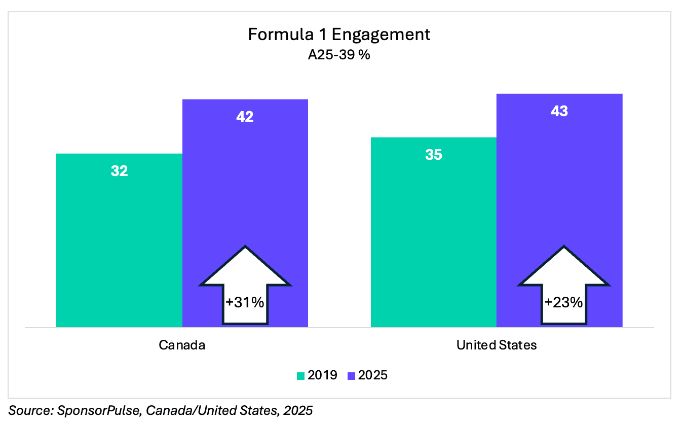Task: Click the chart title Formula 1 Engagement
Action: pyautogui.click(x=339, y=34)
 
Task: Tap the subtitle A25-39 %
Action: pyautogui.click(x=339, y=54)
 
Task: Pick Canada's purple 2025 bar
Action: pyautogui.click(x=245, y=178)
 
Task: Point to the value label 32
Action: pyautogui.click(x=119, y=171)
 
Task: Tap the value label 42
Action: pyautogui.click(x=245, y=117)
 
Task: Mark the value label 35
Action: pyautogui.click(x=433, y=155)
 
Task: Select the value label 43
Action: pyautogui.click(x=559, y=111)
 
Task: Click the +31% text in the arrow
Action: pyautogui.click(x=245, y=303)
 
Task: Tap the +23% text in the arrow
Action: pyautogui.click(x=563, y=303)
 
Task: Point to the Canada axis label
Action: pyautogui.click(x=182, y=345)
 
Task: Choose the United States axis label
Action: pyautogui.click(x=496, y=345)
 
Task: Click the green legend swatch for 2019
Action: pyautogui.click(x=300, y=376)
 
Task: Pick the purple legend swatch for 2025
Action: pyautogui.click(x=351, y=376)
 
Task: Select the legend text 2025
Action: pyautogui.click(x=372, y=375)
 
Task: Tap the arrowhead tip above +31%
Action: pyautogui.click(x=245, y=247)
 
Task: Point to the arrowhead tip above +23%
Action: pyautogui.click(x=563, y=247)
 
